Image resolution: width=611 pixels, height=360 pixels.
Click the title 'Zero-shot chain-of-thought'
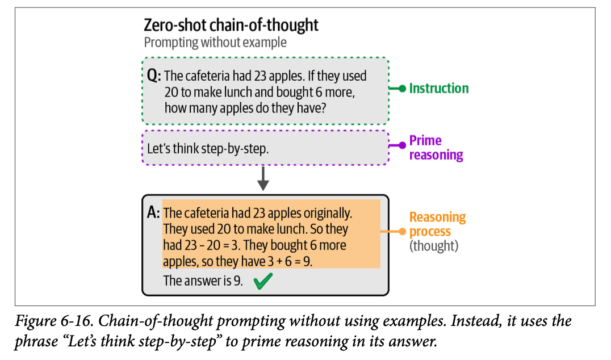coord(231,26)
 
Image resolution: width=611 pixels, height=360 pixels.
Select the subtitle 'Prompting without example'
coord(215,43)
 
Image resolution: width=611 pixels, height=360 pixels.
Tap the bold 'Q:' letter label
coord(153,76)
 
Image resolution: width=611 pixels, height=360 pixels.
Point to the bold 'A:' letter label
coord(153,214)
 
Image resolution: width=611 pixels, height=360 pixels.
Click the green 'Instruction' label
coord(439,89)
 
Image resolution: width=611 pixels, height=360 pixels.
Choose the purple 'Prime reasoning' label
coord(436,148)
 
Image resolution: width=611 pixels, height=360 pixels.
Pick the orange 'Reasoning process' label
coord(437,224)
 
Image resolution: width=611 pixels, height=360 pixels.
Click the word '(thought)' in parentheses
coord(434,246)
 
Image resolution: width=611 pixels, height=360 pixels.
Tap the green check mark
coord(263,281)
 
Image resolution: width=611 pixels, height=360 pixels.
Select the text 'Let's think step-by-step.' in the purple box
coord(207,149)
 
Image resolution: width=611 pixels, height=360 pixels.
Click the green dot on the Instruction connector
coord(401,89)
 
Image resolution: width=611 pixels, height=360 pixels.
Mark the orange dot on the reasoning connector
coord(401,232)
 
